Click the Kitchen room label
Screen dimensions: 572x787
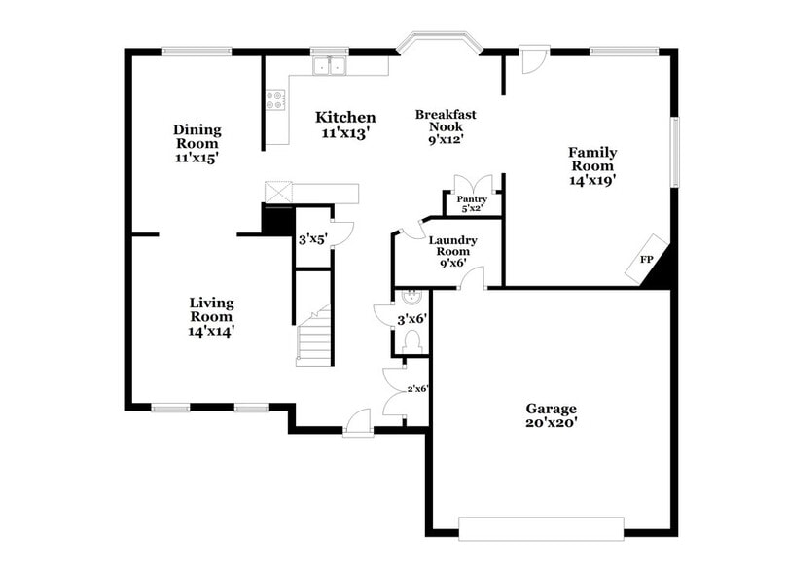(x=345, y=125)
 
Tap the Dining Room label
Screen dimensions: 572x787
(x=197, y=143)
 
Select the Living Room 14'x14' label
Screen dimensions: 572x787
(x=211, y=316)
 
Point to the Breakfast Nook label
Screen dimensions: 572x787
(x=446, y=126)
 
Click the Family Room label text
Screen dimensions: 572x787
(x=592, y=165)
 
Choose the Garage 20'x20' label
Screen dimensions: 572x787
(x=552, y=415)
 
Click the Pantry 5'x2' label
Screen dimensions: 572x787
(x=472, y=203)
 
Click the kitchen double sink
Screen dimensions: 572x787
(x=331, y=66)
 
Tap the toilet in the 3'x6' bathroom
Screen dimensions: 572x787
(x=411, y=340)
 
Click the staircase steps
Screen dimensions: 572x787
(x=315, y=340)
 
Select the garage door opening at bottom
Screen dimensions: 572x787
(x=541, y=528)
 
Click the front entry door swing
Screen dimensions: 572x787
(x=359, y=421)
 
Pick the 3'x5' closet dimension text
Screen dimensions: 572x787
(x=312, y=238)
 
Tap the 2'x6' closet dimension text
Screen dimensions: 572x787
(x=418, y=388)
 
